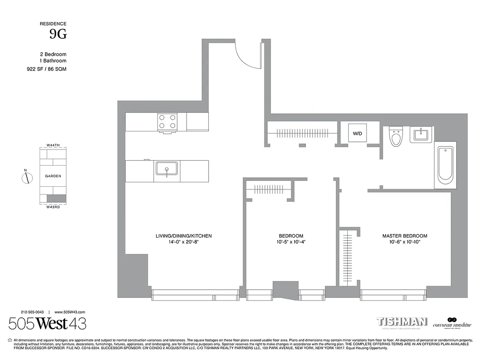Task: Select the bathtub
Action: click(x=445, y=165)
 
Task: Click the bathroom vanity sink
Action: click(x=422, y=134)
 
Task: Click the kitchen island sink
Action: click(x=166, y=169)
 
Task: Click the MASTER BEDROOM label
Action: click(x=405, y=236)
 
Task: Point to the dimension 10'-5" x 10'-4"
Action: click(x=291, y=243)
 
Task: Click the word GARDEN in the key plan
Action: click(x=53, y=176)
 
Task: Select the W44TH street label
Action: click(x=53, y=145)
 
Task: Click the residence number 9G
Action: click(x=58, y=34)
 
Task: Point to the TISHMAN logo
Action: click(x=402, y=322)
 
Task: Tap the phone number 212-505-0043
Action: click(x=32, y=312)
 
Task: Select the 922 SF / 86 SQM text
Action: click(x=46, y=69)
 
